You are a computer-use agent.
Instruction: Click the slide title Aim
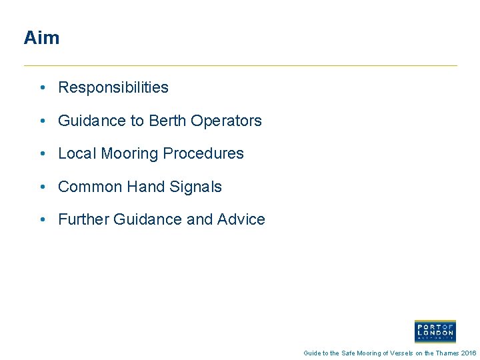[41, 38]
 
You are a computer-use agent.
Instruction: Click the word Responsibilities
[113, 87]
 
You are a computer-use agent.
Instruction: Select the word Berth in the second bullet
[167, 121]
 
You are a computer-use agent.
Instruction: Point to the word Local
[77, 153]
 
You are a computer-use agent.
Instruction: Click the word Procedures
[203, 153]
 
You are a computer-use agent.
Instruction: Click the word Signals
[195, 187]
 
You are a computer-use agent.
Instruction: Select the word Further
[83, 219]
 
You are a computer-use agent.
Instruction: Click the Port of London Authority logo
[435, 331]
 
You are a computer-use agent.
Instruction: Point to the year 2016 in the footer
[469, 353]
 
